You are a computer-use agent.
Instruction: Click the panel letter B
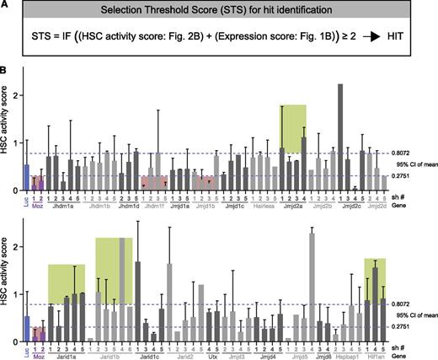pos(5,70)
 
